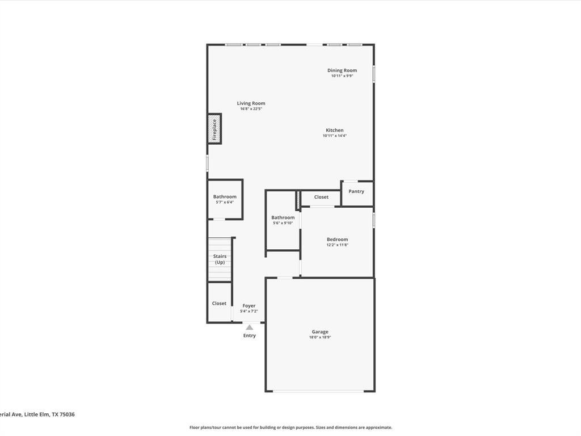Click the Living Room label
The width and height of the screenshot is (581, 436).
tap(251, 103)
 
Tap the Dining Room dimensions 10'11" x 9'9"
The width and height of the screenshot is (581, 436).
tap(342, 76)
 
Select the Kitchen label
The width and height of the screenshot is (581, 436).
tap(335, 130)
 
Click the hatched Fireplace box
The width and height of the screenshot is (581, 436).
tap(214, 129)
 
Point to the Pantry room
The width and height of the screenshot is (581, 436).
tap(356, 193)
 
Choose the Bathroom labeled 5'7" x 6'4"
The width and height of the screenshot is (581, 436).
tap(225, 199)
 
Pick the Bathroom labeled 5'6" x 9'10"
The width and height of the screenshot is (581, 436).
tap(283, 220)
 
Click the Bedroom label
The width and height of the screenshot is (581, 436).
tap(337, 240)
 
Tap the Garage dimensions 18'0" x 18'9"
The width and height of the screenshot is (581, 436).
tap(320, 337)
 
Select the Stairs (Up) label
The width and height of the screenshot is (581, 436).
tap(220, 259)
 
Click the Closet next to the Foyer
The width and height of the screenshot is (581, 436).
tap(219, 303)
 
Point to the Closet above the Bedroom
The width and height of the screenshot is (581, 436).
tap(321, 198)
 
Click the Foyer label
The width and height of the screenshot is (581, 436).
tap(249, 306)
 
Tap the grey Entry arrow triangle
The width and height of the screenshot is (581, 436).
tap(250, 328)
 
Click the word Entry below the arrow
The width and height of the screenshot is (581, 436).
tap(250, 336)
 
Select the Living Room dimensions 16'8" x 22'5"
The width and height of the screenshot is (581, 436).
tap(251, 109)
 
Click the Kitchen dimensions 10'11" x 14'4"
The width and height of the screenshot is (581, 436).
tap(335, 136)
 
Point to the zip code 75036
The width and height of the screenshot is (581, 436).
tap(67, 414)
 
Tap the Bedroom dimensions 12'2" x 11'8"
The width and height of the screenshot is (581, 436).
tap(337, 245)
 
